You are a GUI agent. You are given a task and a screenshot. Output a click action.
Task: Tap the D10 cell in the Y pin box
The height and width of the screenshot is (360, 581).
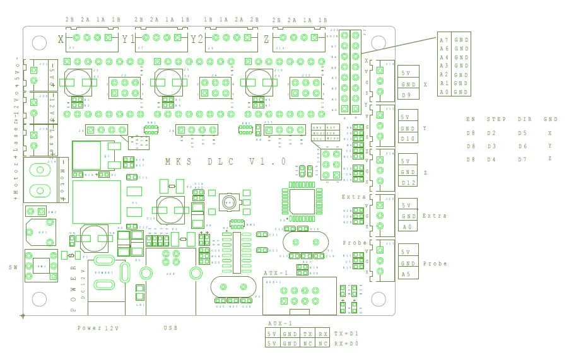pyautogui.click(x=408, y=139)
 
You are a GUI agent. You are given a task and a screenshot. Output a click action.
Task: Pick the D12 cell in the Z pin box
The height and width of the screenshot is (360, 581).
pyautogui.click(x=408, y=183)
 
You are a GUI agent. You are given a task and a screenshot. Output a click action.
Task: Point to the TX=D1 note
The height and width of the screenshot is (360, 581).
pyautogui.click(x=346, y=334)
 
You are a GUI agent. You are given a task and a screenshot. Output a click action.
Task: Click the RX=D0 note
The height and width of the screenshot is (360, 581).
pyautogui.click(x=346, y=344)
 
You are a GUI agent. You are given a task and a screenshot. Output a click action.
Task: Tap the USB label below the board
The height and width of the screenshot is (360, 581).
pyautogui.click(x=170, y=328)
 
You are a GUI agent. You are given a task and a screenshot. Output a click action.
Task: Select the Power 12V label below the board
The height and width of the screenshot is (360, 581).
pyautogui.click(x=98, y=328)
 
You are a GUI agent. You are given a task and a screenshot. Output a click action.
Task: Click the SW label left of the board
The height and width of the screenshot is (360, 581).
pyautogui.click(x=13, y=268)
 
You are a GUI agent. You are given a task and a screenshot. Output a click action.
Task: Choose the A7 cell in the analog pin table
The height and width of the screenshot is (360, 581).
pyautogui.click(x=445, y=40)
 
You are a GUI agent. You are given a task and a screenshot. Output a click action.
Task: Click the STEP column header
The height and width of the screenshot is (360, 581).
pyautogui.click(x=496, y=119)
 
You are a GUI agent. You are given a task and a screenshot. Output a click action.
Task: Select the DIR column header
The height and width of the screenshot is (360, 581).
pyautogui.click(x=524, y=119)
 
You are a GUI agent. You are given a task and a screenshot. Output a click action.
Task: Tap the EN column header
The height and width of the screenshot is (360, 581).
pyautogui.click(x=471, y=119)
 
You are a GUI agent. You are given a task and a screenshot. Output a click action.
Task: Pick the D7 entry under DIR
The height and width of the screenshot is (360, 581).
pyautogui.click(x=522, y=159)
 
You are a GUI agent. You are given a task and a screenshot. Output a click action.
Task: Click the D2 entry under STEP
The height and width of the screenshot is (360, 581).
pyautogui.click(x=491, y=134)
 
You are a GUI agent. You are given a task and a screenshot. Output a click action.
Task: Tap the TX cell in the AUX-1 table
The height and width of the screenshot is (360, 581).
pyautogui.click(x=307, y=334)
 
